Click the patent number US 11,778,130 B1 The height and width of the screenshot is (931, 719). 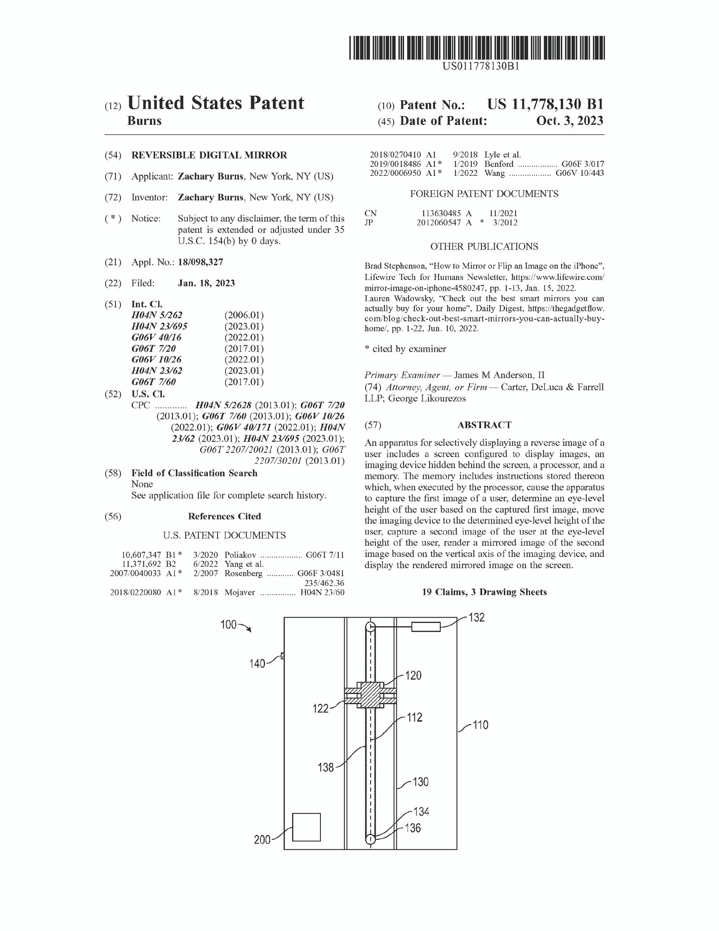545,104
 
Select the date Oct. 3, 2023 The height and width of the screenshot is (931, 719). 569,121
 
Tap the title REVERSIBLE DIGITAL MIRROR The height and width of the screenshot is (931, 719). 209,155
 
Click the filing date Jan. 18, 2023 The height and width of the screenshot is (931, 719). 206,283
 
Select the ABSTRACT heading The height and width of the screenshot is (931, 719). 484,425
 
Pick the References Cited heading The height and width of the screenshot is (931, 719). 224,516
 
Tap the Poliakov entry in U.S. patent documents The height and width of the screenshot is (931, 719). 240,555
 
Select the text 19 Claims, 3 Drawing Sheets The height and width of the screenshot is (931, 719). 484,592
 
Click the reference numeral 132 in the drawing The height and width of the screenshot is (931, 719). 476,618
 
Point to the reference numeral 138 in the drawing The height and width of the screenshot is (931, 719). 326,766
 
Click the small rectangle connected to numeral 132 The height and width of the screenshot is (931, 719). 426,627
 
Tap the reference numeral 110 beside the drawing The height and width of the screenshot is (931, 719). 480,725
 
